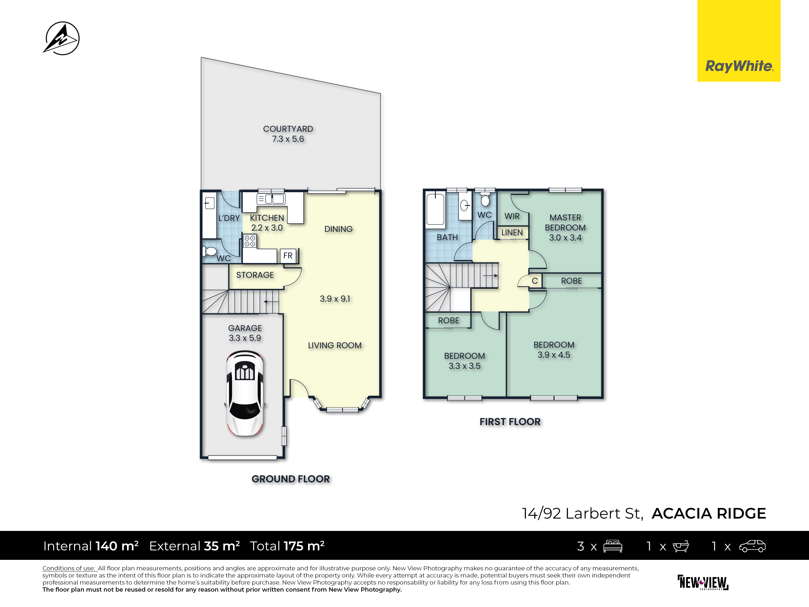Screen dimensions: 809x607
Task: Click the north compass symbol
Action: click(x=61, y=38)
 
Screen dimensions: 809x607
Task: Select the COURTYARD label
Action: click(x=288, y=129)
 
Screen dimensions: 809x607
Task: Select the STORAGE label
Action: click(x=255, y=275)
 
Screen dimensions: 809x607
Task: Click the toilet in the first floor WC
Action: click(x=485, y=199)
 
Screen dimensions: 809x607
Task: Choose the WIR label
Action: click(x=512, y=216)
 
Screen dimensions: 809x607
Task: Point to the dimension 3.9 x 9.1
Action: click(x=335, y=299)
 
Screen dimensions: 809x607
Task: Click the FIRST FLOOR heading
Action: click(x=510, y=421)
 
